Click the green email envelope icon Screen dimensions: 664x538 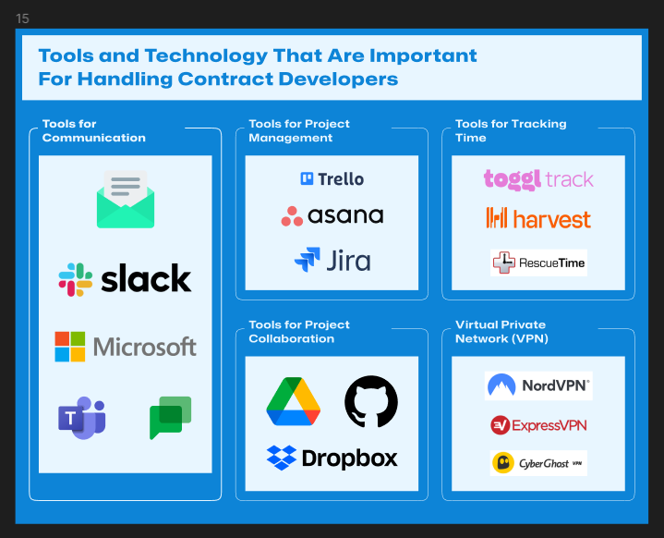(126, 200)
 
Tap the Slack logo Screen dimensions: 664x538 (125, 279)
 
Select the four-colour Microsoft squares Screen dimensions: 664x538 (70, 347)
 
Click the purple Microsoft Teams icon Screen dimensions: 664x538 (81, 418)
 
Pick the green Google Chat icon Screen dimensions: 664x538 (170, 418)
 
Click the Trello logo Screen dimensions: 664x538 (332, 179)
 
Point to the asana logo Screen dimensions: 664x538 (332, 215)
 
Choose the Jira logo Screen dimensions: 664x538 (332, 260)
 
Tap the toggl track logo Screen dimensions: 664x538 (538, 179)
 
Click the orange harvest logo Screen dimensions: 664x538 (538, 218)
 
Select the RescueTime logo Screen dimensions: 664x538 (538, 263)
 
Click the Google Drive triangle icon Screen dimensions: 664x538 (293, 401)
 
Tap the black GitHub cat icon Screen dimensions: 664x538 (371, 401)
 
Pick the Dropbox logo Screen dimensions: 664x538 (332, 458)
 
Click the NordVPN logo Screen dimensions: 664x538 (538, 385)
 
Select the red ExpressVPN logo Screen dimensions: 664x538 (538, 425)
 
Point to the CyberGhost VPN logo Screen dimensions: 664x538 (538, 463)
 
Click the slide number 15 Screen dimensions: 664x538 (22, 18)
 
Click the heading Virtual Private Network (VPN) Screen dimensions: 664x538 (501, 332)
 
